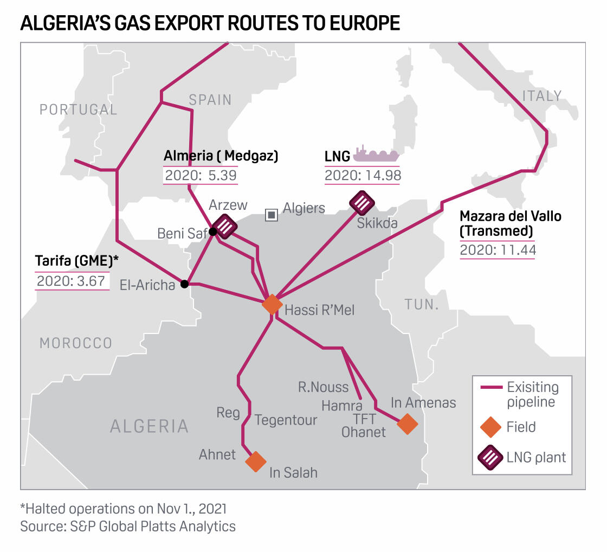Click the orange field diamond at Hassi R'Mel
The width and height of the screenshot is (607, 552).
[272, 304]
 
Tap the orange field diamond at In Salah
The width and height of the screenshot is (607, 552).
[255, 461]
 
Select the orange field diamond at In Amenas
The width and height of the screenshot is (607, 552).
[407, 424]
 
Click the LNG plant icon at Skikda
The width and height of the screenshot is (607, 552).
[362, 203]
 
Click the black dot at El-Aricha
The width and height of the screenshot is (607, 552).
[184, 284]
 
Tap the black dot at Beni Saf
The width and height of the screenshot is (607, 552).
[213, 232]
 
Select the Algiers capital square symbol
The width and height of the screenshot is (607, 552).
[271, 215]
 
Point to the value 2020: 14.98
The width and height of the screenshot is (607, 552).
[362, 175]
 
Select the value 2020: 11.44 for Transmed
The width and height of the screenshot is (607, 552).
[497, 250]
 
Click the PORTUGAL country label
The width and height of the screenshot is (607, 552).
[78, 110]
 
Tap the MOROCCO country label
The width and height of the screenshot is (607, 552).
[75, 343]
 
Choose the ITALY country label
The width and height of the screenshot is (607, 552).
[541, 96]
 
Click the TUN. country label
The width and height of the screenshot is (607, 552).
[421, 304]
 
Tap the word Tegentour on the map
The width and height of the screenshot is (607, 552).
[286, 420]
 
